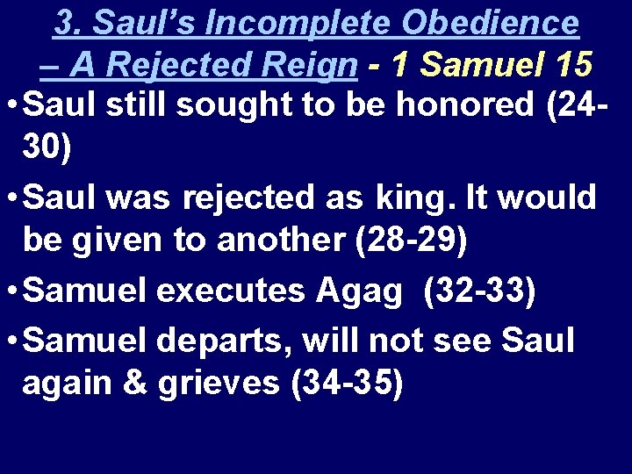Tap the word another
[x=278, y=238]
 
